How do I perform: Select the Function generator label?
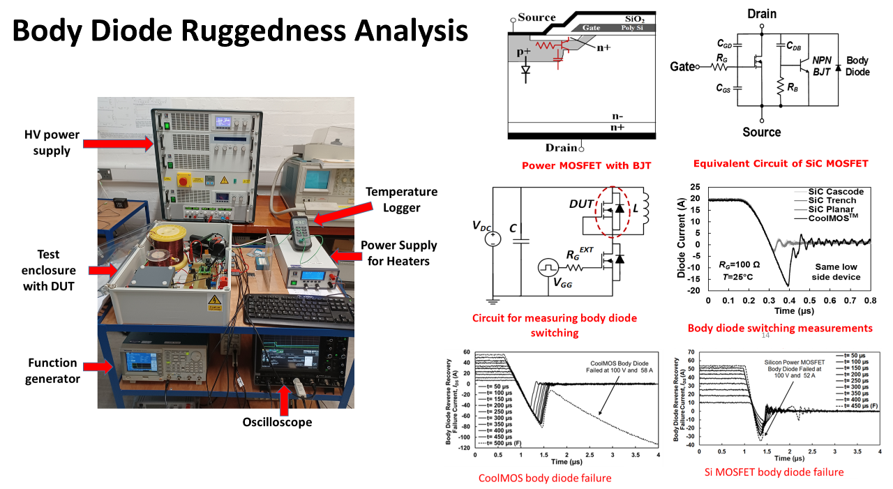[52, 370]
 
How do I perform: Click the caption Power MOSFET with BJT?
[586, 165]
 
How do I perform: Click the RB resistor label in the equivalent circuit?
[793, 89]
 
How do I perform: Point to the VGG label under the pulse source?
[562, 285]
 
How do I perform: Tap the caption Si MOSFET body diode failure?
[774, 472]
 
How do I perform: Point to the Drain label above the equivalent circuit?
[761, 13]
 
